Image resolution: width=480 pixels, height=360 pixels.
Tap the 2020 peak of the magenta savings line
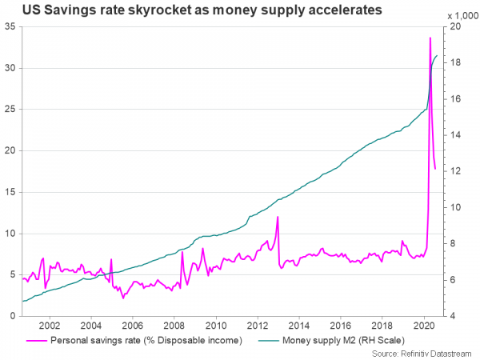(x=430, y=38)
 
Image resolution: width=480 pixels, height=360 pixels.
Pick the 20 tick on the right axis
(x=454, y=26)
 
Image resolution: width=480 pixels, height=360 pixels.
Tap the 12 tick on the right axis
(x=454, y=171)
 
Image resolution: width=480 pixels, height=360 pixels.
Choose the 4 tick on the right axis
(x=453, y=316)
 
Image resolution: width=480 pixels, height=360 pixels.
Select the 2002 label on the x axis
(x=50, y=326)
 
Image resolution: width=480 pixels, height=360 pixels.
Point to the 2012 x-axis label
(x=258, y=326)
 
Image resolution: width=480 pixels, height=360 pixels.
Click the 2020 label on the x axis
(x=424, y=326)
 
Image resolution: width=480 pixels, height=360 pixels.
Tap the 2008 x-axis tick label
(x=174, y=326)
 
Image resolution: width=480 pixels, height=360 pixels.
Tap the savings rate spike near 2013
(x=278, y=217)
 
